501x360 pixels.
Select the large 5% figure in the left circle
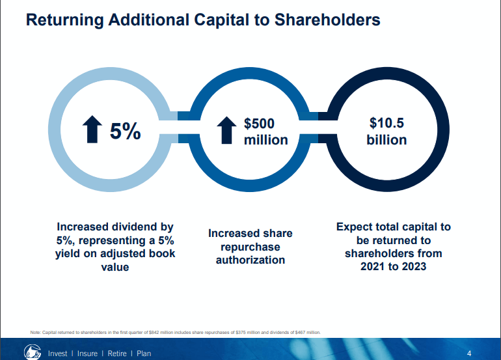click(125, 131)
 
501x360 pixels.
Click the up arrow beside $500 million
click(226, 130)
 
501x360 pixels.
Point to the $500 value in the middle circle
click(259, 123)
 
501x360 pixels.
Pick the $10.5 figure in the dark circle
click(386, 122)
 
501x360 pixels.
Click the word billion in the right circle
click(386, 140)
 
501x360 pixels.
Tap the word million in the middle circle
click(265, 140)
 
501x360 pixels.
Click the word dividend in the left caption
click(135, 227)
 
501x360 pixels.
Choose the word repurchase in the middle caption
click(251, 247)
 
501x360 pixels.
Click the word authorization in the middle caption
click(251, 260)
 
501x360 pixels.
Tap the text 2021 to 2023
click(393, 266)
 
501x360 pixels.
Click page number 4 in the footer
click(469, 353)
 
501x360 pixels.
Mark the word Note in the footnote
click(36, 333)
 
